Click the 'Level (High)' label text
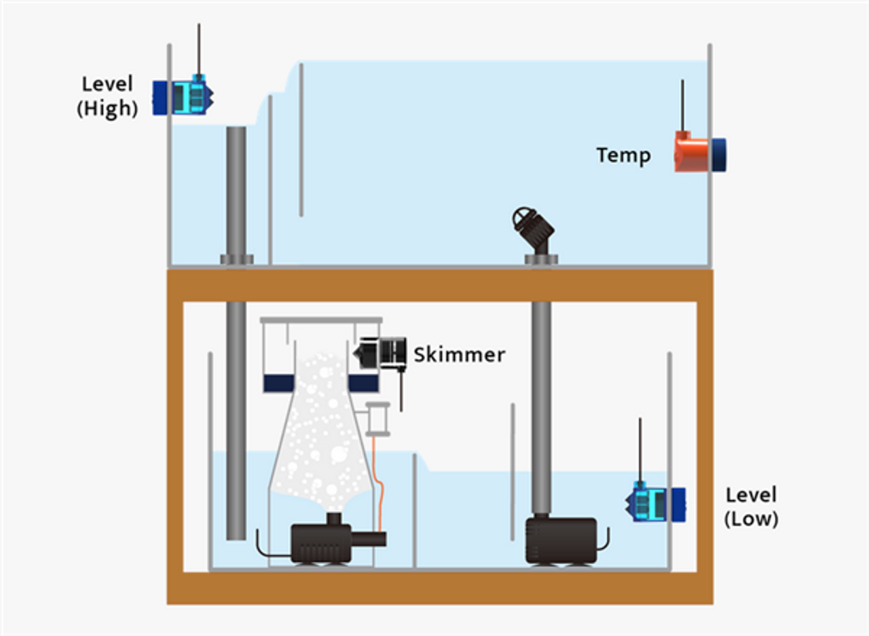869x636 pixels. coord(107,96)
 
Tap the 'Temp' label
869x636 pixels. coord(624,155)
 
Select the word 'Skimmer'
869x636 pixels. coord(460,355)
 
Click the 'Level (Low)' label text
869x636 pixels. coord(752,507)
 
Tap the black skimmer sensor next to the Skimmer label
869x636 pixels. coord(380,353)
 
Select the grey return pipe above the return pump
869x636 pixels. coord(541,407)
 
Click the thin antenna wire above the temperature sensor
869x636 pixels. coord(682,105)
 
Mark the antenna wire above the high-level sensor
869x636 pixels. coord(199,50)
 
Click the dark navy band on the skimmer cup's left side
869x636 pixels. coord(279,383)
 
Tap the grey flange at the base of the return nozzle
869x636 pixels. coord(541,259)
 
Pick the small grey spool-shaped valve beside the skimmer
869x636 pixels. coord(378,419)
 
